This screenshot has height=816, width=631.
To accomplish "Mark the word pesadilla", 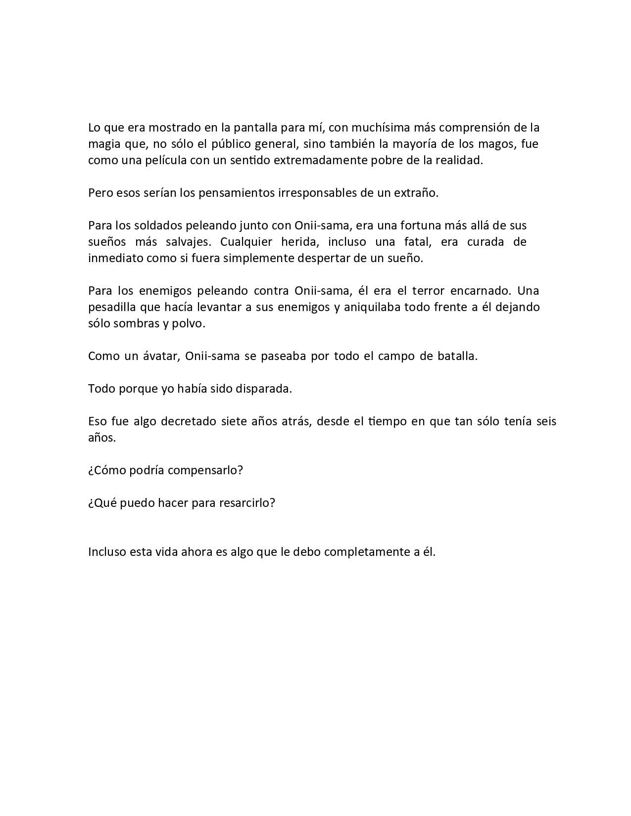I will pyautogui.click(x=112, y=307).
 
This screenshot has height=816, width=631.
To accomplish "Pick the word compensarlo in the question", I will pyautogui.click(x=205, y=470).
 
